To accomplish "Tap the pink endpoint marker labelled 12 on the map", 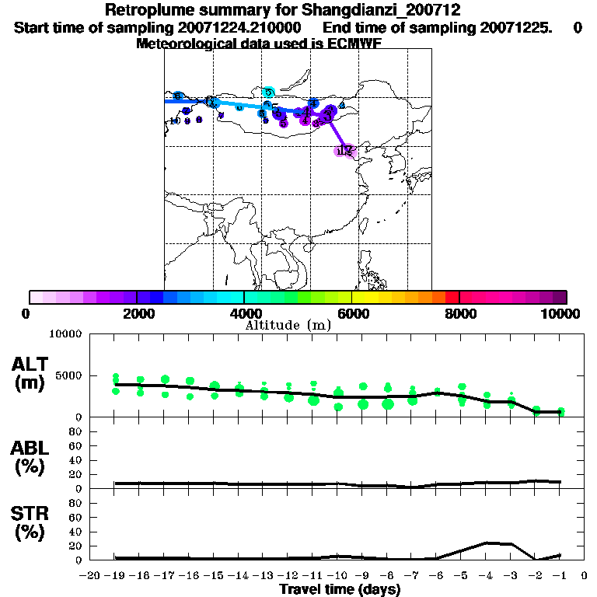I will (345, 151).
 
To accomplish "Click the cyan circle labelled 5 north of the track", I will (269, 93).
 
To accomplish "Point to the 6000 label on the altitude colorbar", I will (351, 313).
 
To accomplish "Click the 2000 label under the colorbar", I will (136, 313).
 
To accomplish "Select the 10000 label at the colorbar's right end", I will (560, 313).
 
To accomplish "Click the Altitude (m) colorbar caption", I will (288, 325).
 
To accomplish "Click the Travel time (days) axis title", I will (340, 590).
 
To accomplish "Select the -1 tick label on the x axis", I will (560, 576).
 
